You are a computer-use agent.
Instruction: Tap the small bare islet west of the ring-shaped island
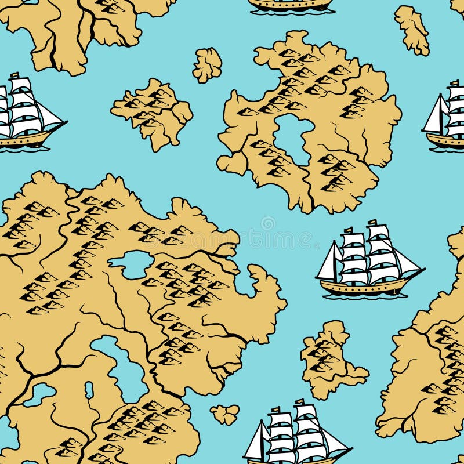point(207,64)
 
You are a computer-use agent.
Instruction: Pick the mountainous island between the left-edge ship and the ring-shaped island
point(152,112)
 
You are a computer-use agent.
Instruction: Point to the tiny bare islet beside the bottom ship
point(225,414)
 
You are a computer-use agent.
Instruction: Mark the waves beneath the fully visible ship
point(365,296)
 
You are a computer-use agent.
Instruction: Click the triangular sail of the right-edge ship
point(434,116)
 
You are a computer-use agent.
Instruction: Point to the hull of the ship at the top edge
point(290,5)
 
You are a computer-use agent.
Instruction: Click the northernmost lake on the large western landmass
point(135,264)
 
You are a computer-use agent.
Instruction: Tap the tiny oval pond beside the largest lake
point(89,389)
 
